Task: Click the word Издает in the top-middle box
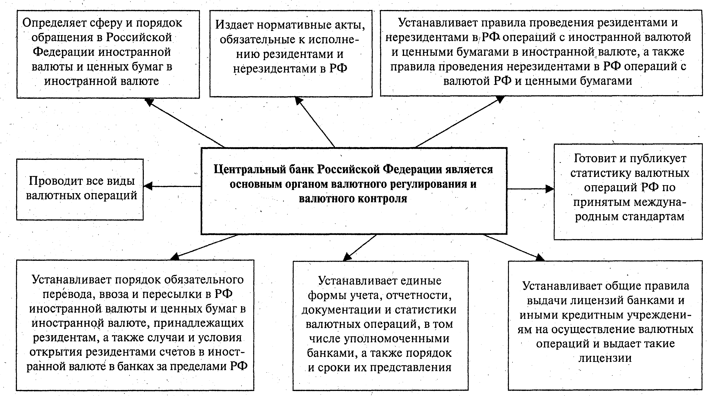(234, 25)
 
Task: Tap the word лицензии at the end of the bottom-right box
(605, 358)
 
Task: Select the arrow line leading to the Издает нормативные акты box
(316, 124)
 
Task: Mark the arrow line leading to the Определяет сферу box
(187, 124)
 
